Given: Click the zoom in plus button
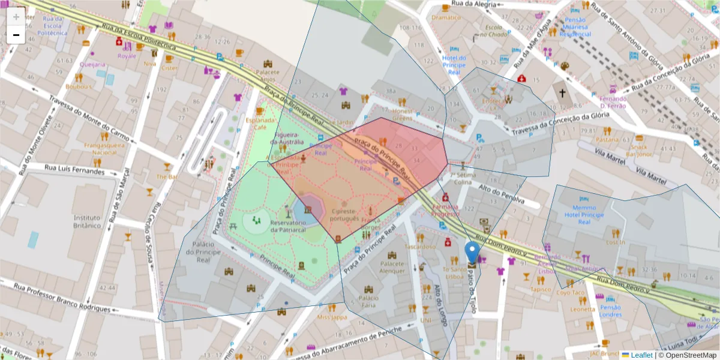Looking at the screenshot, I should [16, 17].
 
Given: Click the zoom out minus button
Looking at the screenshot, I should [16, 35].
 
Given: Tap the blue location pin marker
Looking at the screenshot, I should [472, 252].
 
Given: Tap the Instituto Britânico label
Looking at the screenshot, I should [87, 221].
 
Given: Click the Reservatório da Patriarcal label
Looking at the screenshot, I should [289, 226].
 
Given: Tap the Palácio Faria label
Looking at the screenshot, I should [368, 301].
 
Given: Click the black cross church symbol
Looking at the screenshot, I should [562, 94].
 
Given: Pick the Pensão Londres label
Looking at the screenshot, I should [610, 311].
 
